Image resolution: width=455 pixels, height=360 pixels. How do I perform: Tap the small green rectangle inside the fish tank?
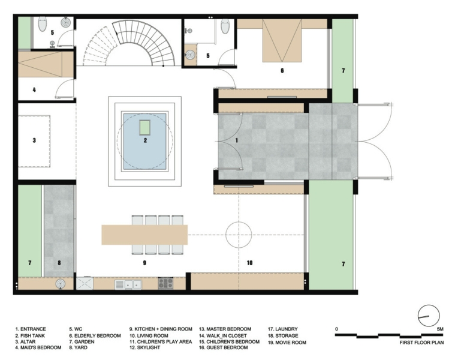(x=144, y=127)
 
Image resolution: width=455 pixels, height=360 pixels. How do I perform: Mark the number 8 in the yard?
(x=59, y=262)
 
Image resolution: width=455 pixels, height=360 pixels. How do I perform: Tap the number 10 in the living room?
(x=250, y=262)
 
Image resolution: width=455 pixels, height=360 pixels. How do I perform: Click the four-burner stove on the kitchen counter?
(x=165, y=283)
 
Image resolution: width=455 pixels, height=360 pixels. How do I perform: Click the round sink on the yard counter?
(x=59, y=283)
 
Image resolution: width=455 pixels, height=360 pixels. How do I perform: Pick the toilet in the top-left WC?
(x=42, y=25)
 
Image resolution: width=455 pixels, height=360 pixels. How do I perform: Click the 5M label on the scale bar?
(x=440, y=329)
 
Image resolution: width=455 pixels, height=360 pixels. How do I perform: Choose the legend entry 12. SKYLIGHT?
(x=147, y=348)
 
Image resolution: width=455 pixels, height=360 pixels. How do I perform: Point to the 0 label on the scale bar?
(x=337, y=329)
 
